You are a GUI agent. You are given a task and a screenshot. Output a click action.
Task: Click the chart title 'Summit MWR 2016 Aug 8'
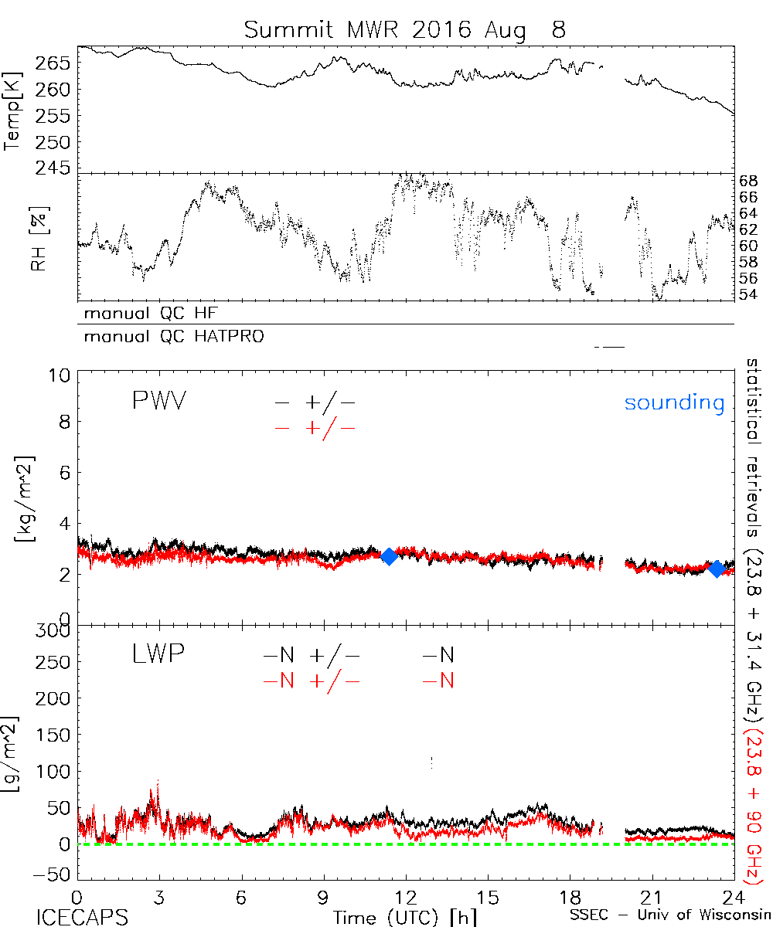405,30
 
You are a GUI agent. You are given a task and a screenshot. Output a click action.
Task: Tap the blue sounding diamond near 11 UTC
389,556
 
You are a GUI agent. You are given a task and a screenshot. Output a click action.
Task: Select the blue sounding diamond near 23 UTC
717,569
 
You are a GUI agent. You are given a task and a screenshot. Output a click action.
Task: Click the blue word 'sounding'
674,403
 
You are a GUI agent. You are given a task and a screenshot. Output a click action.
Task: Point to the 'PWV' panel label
158,402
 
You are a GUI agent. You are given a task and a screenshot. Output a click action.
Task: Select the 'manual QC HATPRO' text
169,337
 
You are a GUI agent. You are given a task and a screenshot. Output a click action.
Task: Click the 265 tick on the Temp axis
59,63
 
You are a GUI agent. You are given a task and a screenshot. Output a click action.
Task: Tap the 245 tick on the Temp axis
59,168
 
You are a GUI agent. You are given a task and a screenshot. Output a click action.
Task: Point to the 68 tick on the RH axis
747,181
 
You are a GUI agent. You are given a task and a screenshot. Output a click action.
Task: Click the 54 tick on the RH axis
747,294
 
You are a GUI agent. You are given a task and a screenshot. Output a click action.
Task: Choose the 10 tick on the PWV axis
61,375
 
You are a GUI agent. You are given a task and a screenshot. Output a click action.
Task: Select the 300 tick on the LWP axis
53,631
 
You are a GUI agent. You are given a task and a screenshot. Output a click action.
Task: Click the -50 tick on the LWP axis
53,874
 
